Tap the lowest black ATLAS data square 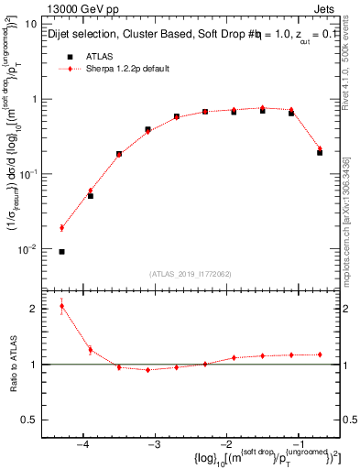(x=61, y=251)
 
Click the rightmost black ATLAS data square (x=320, y=152)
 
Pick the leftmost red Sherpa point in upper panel (x=61, y=228)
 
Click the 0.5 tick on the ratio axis (x=33, y=420)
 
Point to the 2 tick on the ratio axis (x=38, y=309)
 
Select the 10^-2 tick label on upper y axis (x=31, y=248)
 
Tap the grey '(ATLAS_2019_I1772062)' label (x=190, y=273)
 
